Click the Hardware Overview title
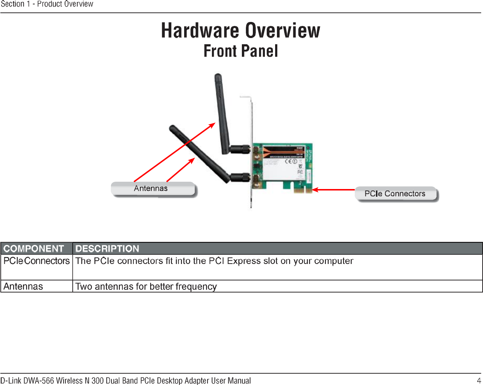coord(240,30)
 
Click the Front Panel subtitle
coord(240,51)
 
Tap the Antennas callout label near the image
coord(151,188)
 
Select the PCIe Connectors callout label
coord(395,194)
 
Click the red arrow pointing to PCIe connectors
coord(333,190)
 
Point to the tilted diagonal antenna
coord(199,154)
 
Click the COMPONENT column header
coord(34,249)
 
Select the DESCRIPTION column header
coord(107,249)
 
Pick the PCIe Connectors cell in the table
coord(36,261)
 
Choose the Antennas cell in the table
coord(23,286)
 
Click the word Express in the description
coord(244,261)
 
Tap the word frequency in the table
coord(196,286)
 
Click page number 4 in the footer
coord(479,381)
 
